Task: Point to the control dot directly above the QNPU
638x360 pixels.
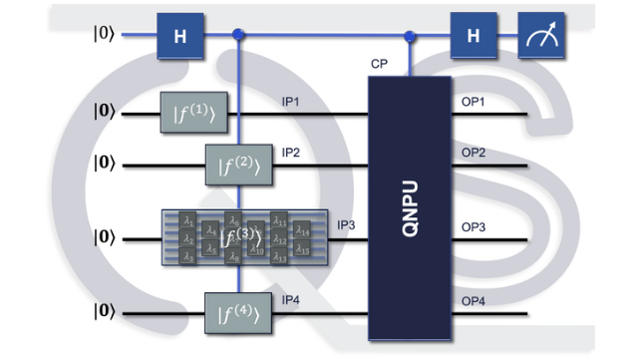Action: (409, 38)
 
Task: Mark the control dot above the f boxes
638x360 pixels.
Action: (238, 36)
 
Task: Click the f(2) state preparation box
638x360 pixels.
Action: (238, 162)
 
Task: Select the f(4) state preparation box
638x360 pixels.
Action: (238, 312)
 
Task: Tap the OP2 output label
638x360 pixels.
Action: (474, 153)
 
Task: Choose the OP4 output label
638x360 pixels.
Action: (474, 302)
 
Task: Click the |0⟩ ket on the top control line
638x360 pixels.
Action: (103, 35)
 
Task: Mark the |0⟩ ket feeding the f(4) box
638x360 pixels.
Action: (103, 312)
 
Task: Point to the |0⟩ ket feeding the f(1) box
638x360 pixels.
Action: (103, 114)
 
